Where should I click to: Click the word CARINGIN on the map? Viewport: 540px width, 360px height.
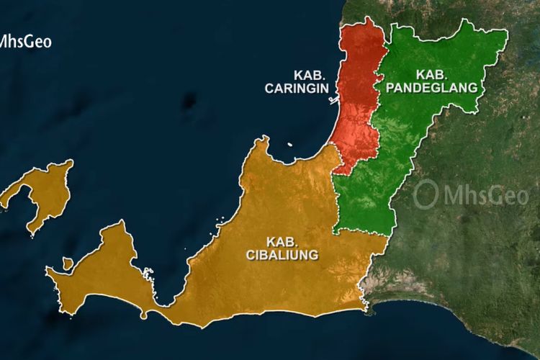pyautogui.click(x=297, y=89)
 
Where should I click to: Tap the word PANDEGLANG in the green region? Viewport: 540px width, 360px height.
pyautogui.click(x=432, y=88)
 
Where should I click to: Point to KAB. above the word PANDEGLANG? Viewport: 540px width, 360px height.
pyautogui.click(x=432, y=74)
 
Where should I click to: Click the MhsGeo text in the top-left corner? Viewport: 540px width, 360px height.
pyautogui.click(x=26, y=41)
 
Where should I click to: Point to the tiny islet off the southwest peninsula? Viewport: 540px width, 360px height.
pyautogui.click(x=67, y=264)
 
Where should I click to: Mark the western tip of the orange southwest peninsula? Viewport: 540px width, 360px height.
pyautogui.click(x=48, y=271)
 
